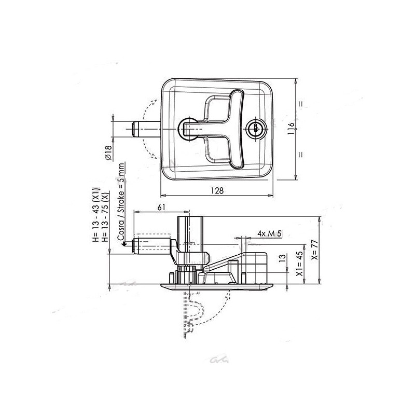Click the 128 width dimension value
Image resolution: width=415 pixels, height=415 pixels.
pyautogui.click(x=217, y=190)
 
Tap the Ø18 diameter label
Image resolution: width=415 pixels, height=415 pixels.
pyautogui.click(x=107, y=153)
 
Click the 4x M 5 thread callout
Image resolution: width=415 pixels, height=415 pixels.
pyautogui.click(x=269, y=234)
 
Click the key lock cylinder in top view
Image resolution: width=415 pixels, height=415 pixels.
pyautogui.click(x=255, y=129)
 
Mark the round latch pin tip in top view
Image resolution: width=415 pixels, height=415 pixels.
pyautogui.click(x=136, y=129)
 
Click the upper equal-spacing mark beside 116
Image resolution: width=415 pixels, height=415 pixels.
pyautogui.click(x=300, y=103)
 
